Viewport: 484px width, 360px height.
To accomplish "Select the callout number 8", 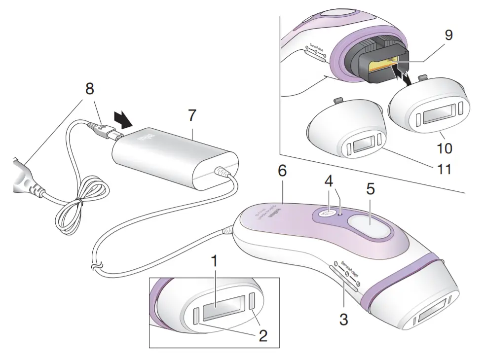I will click(89, 90).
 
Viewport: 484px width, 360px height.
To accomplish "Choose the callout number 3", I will click(343, 319).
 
